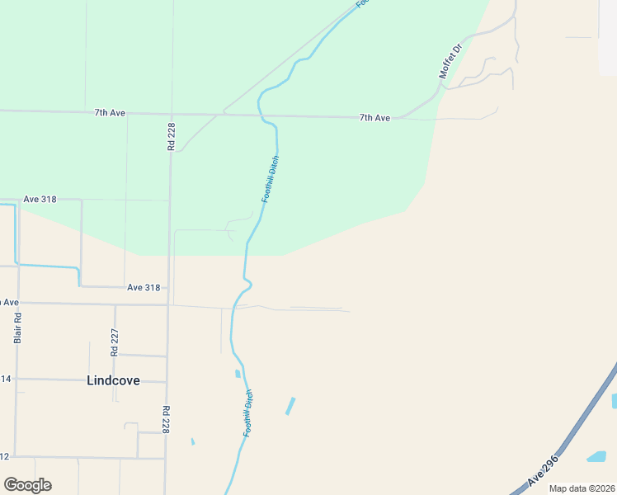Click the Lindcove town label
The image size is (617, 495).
(x=113, y=380)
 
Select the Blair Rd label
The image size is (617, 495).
(x=17, y=328)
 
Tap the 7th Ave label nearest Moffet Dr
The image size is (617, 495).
(x=374, y=118)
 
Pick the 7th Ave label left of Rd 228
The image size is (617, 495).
(x=110, y=112)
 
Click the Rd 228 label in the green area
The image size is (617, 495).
(x=171, y=134)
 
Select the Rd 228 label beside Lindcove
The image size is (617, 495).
(x=166, y=419)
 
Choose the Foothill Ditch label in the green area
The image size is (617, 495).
(x=270, y=179)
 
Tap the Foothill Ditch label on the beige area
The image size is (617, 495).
(x=247, y=413)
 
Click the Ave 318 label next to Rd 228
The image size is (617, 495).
(x=144, y=287)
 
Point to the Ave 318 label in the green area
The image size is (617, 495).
(x=40, y=200)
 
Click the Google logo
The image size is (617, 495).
(x=27, y=485)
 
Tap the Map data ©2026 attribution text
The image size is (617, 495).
(x=582, y=488)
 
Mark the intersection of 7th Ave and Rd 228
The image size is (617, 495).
(x=171, y=114)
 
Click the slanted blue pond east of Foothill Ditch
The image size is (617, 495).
(x=290, y=406)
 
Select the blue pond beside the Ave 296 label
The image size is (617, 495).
(x=596, y=456)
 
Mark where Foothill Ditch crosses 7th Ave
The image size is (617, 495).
(x=261, y=115)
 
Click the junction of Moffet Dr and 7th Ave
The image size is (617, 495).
(x=402, y=118)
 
